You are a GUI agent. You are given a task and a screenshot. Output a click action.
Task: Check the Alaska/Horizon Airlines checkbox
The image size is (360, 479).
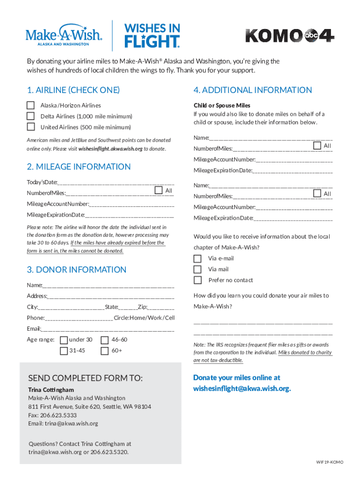(x=31, y=105)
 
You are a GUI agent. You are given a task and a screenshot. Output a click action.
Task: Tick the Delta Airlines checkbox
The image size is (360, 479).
(x=31, y=116)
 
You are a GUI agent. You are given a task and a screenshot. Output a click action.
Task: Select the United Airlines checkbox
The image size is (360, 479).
(x=31, y=127)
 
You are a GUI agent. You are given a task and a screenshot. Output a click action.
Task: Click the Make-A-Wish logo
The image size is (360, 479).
(x=64, y=36)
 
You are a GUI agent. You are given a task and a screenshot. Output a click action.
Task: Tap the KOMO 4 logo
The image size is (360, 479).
(x=290, y=36)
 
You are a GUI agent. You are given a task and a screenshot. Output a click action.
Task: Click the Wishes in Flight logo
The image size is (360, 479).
(x=151, y=36)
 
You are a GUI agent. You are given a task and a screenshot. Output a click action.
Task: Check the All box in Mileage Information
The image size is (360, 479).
(x=158, y=190)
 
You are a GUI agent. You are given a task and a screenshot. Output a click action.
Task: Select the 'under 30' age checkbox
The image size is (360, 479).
(x=64, y=340)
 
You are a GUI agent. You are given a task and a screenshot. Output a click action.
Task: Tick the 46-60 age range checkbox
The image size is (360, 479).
(x=105, y=340)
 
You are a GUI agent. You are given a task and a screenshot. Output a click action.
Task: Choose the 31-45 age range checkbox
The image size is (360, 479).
(x=64, y=350)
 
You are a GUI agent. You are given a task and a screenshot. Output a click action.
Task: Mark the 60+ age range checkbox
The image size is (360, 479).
(x=105, y=350)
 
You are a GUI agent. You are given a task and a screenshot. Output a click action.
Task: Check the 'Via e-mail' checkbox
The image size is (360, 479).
(x=198, y=259)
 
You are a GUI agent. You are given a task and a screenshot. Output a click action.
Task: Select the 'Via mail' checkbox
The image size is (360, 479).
(x=198, y=269)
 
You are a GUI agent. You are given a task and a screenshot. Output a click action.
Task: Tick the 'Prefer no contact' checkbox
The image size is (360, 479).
(x=198, y=280)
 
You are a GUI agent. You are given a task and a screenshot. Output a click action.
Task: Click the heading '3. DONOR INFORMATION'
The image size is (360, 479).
(x=77, y=270)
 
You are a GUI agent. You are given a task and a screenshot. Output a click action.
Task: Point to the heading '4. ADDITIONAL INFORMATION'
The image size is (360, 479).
(x=253, y=90)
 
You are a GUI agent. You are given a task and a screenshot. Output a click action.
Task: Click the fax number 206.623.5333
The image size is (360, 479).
(x=59, y=415)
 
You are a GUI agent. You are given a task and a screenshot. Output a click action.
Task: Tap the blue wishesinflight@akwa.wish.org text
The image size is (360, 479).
(x=242, y=389)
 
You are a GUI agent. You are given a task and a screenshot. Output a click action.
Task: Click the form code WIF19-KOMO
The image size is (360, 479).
(x=330, y=462)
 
